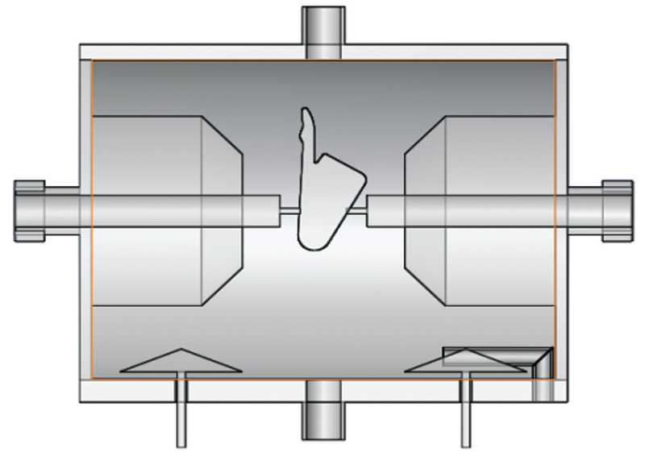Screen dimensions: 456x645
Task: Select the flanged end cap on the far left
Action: point(28,210)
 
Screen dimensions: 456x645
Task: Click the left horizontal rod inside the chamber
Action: point(185,211)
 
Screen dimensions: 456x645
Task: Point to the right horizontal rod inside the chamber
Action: point(460,211)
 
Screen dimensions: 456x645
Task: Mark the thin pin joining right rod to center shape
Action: point(358,211)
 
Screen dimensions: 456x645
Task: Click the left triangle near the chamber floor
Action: point(181,362)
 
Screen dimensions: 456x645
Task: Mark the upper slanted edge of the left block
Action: point(221,134)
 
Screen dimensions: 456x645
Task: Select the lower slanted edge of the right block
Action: point(424,287)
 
